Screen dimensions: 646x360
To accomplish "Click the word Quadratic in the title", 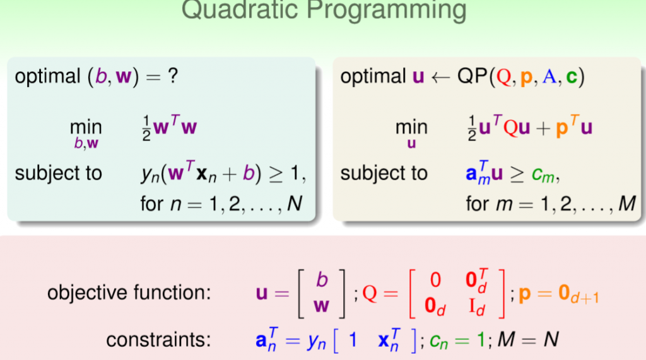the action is pyautogui.click(x=240, y=9).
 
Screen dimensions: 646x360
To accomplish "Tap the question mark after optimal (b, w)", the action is pyautogui.click(x=173, y=76).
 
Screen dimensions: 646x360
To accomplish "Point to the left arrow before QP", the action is pyautogui.click(x=440, y=78).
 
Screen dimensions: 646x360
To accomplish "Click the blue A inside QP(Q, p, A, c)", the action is pyautogui.click(x=549, y=77).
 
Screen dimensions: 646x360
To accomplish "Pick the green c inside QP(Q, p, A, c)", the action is pyautogui.click(x=572, y=78).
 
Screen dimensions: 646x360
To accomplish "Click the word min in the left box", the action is pyautogui.click(x=86, y=127).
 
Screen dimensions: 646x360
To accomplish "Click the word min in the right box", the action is pyautogui.click(x=411, y=127).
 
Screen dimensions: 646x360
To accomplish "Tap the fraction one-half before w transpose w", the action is pyautogui.click(x=146, y=128).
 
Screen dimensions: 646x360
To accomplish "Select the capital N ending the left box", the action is pyautogui.click(x=294, y=204).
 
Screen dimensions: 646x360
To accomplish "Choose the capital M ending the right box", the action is pyautogui.click(x=626, y=204).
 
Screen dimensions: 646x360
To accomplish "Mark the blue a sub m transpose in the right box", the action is pyautogui.click(x=478, y=173).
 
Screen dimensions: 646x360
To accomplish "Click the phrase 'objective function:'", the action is pyautogui.click(x=129, y=293).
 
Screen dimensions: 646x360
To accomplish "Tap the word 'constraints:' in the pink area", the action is pyautogui.click(x=158, y=340).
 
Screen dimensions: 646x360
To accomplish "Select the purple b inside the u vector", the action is pyautogui.click(x=322, y=280).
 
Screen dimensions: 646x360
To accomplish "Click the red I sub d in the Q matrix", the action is pyautogui.click(x=477, y=307).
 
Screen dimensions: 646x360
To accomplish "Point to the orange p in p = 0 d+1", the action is pyautogui.click(x=524, y=294).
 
